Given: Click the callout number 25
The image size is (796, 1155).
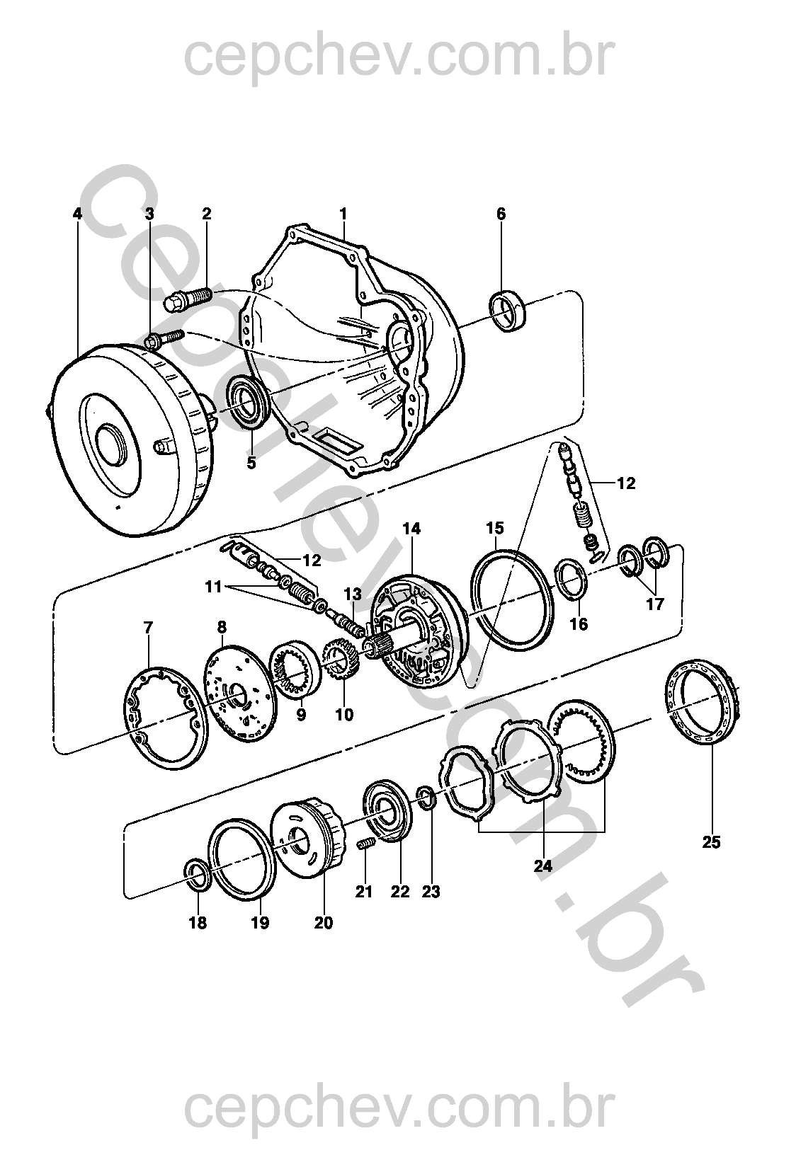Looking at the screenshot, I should [711, 842].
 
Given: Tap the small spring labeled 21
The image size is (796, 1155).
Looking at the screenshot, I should [364, 844].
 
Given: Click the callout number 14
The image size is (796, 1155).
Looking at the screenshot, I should [411, 529].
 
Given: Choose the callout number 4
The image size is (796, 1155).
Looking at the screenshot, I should [76, 214].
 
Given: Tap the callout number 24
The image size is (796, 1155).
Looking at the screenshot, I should [543, 865].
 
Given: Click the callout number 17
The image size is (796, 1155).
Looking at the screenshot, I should [655, 604].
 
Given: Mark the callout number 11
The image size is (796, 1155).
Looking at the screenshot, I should [214, 587].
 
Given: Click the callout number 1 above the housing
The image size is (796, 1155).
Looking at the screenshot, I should [343, 213].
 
